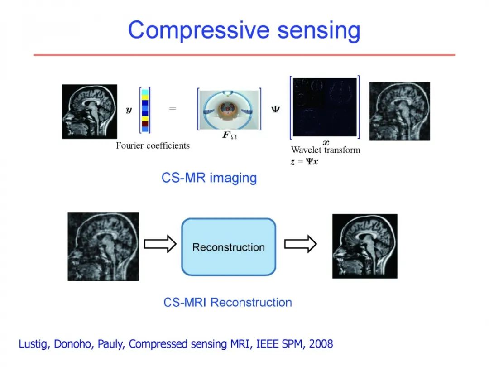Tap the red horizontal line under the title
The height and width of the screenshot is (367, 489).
tap(244, 55)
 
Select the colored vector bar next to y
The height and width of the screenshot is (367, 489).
tap(145, 110)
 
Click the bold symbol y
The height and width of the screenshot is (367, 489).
tap(129, 110)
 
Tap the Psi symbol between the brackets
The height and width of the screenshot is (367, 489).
tap(275, 110)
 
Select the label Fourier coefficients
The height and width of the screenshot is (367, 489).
tap(153, 145)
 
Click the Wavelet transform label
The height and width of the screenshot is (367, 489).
tap(326, 150)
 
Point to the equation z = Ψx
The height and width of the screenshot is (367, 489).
tap(304, 161)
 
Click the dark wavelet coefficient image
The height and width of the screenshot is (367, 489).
tap(325, 107)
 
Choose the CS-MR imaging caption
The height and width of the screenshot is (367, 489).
tap(209, 178)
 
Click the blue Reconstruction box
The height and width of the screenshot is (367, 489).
tap(229, 247)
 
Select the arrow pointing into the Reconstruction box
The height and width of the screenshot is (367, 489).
tap(160, 244)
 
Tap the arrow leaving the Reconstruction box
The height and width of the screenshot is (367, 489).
tap(300, 244)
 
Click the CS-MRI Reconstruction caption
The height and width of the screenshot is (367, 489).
tap(228, 302)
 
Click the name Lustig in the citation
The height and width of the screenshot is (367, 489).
tap(34, 344)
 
